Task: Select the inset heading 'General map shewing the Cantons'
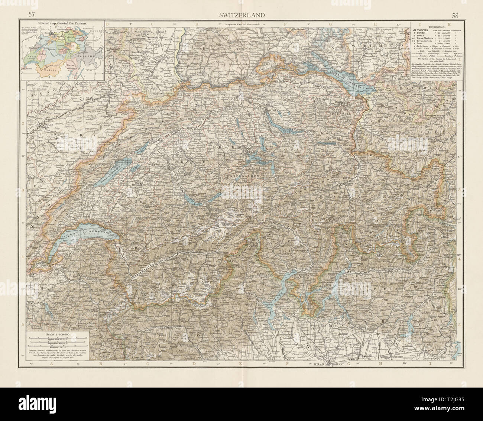[x=61, y=23]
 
